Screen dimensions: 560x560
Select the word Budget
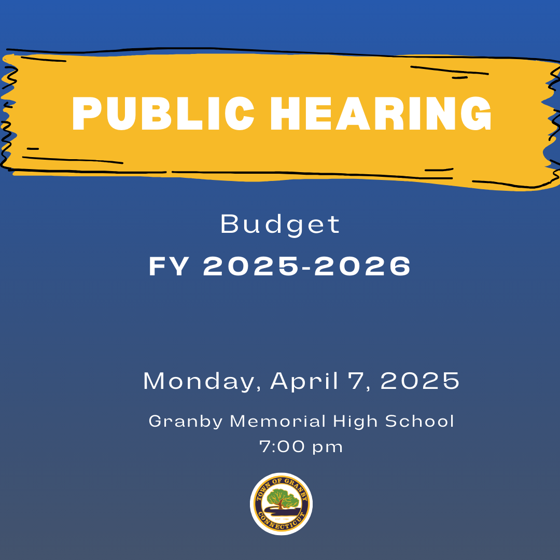pos(280,225)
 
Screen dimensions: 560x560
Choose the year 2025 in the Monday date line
pos(420,381)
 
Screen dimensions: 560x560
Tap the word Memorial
pos(278,421)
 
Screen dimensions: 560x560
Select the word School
pos(419,421)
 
